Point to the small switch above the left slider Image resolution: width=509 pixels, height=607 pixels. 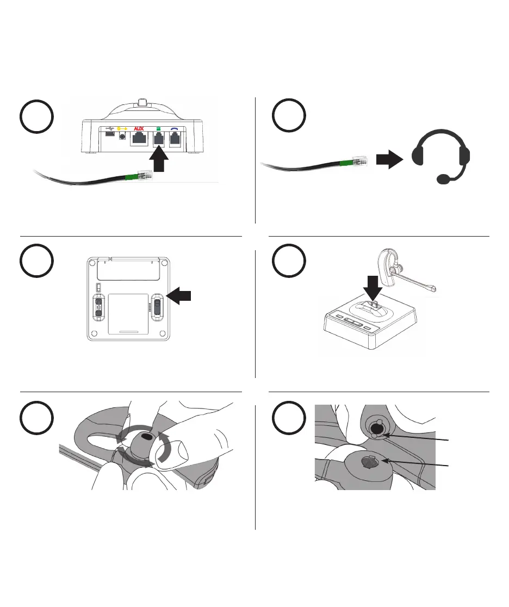(98, 287)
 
